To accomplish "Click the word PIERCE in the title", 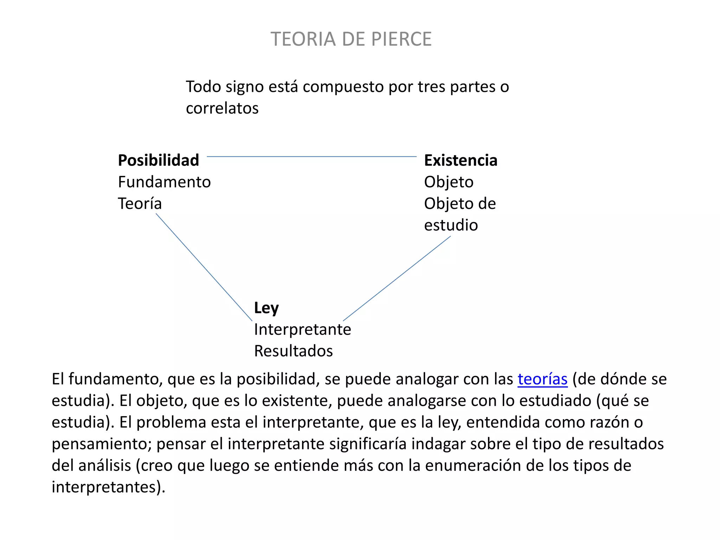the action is coord(401,39).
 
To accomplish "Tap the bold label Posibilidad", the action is coord(159,160).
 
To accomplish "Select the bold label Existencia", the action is coord(461,160).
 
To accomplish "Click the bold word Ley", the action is coord(266,308).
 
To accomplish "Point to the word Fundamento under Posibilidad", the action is coord(164,182).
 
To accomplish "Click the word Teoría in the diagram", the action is coord(140,204).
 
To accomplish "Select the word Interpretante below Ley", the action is coord(302,329).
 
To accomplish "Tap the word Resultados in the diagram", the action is coord(293,351).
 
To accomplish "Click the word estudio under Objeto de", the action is coord(451,225).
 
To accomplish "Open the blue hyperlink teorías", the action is coord(542,379).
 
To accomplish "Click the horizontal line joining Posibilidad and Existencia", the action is coord(311,156).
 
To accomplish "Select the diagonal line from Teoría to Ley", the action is coord(204,267).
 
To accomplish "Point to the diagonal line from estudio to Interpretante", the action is coord(397,278).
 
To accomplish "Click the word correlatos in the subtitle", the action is coord(222,108).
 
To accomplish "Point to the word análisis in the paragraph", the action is coord(104,465).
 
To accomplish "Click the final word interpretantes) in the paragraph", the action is coord(108,487).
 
